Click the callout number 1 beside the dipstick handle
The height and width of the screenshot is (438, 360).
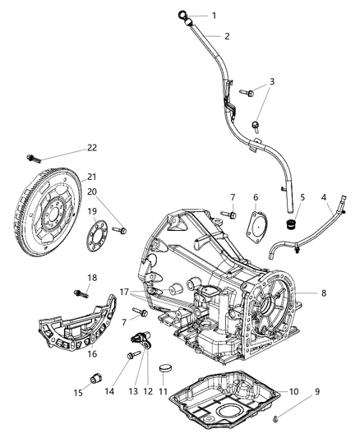click(x=215, y=16)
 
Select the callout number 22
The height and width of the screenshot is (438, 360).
click(x=92, y=148)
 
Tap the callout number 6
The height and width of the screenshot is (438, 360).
click(x=256, y=197)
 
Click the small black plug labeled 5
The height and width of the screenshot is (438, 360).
click(x=289, y=224)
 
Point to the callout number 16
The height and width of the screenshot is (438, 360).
click(x=92, y=354)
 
